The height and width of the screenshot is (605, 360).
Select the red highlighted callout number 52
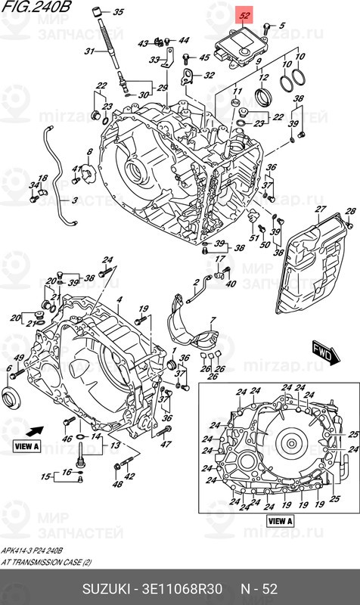pos(244,14)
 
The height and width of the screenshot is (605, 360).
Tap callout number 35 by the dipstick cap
pos(117,13)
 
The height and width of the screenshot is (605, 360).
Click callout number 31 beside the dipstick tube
pos(88,51)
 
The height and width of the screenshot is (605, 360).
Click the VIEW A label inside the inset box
pos(280,521)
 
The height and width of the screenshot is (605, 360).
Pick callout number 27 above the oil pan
pos(320,209)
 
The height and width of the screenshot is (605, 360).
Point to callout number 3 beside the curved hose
pos(74,200)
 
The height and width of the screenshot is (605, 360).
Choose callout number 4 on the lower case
pos(119,301)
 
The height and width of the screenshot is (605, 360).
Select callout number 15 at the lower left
pos(45,476)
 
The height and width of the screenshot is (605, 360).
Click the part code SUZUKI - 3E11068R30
pos(152,588)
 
